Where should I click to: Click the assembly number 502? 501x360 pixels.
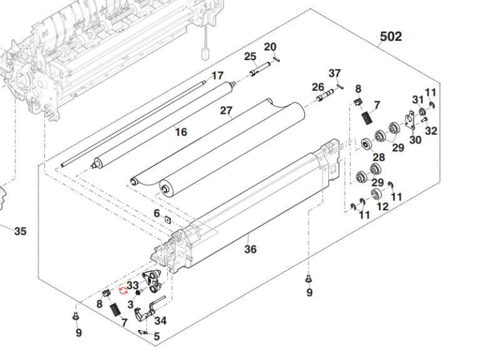point(391,37)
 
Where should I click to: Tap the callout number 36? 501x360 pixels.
point(250,249)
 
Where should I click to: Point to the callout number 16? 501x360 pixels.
point(181,132)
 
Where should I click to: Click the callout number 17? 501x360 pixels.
point(217,76)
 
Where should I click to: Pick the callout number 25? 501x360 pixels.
point(250,56)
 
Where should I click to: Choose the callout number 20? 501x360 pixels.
point(270,47)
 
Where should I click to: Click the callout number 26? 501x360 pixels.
point(318,86)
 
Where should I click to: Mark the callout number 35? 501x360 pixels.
point(20,232)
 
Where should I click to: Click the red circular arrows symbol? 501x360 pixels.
point(122,291)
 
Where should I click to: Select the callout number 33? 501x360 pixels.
point(132,285)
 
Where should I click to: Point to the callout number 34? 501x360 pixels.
point(161,321)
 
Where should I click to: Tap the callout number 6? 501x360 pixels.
point(157,213)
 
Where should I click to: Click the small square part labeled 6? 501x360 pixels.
point(168,220)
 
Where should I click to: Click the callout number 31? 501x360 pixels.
point(418,100)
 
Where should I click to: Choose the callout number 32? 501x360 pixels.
point(431,131)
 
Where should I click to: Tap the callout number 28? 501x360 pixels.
point(379,157)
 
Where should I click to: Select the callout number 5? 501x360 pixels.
point(157,336)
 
